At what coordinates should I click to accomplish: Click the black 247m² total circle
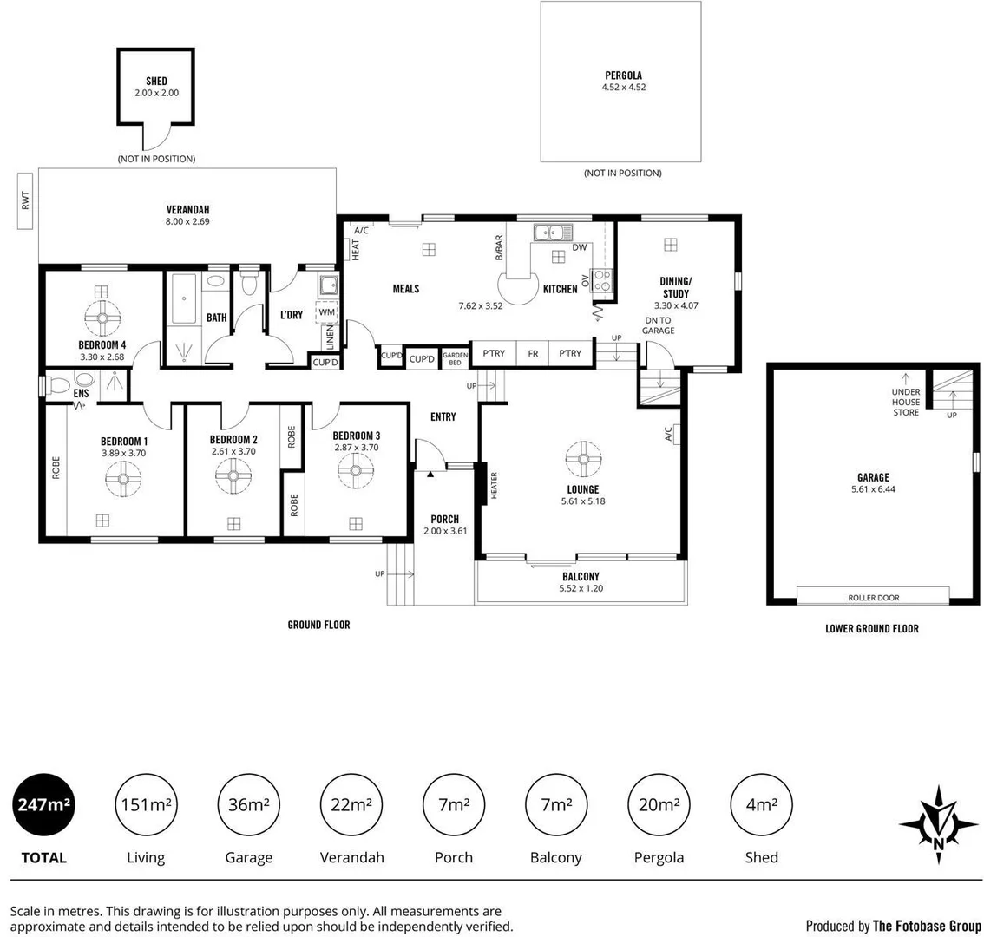pyautogui.click(x=43, y=804)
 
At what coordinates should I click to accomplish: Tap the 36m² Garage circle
pyautogui.click(x=248, y=804)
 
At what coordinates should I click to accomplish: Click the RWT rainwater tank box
pyautogui.click(x=26, y=200)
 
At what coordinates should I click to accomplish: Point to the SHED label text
pyautogui.click(x=156, y=82)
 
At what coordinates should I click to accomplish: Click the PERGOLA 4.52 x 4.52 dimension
pyautogui.click(x=624, y=87)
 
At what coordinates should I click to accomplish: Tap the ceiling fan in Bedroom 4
pyautogui.click(x=102, y=318)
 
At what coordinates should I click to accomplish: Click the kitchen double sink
pyautogui.click(x=552, y=232)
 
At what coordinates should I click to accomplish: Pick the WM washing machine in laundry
pyautogui.click(x=326, y=311)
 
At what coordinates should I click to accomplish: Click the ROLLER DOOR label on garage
pyautogui.click(x=873, y=597)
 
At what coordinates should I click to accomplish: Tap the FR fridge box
pyautogui.click(x=533, y=353)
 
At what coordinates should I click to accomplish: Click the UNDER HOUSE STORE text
pyautogui.click(x=906, y=402)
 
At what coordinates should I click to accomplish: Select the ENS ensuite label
pyautogui.click(x=81, y=394)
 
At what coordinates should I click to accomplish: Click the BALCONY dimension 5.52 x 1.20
pyautogui.click(x=581, y=588)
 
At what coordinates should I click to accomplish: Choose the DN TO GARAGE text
pyautogui.click(x=659, y=325)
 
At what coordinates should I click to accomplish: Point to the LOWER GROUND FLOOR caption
pyautogui.click(x=871, y=628)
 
